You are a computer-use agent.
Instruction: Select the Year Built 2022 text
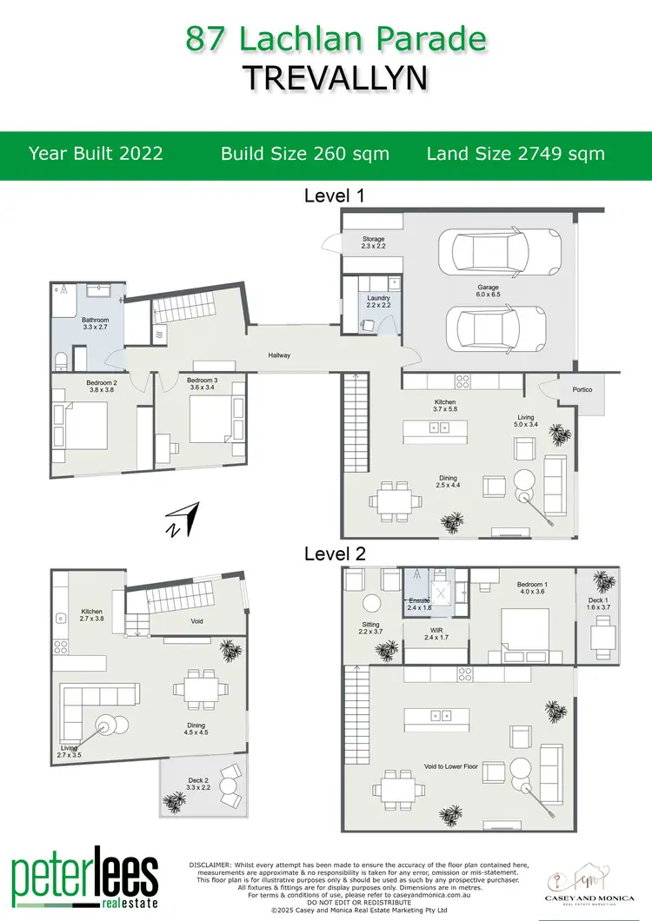click(x=96, y=154)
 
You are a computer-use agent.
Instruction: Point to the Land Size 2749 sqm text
click(x=516, y=154)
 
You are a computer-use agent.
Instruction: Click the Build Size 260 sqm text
click(x=305, y=154)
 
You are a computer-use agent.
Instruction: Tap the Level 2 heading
click(x=334, y=553)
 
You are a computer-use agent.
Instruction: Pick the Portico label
click(x=582, y=389)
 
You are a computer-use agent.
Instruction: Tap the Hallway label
click(x=279, y=354)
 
